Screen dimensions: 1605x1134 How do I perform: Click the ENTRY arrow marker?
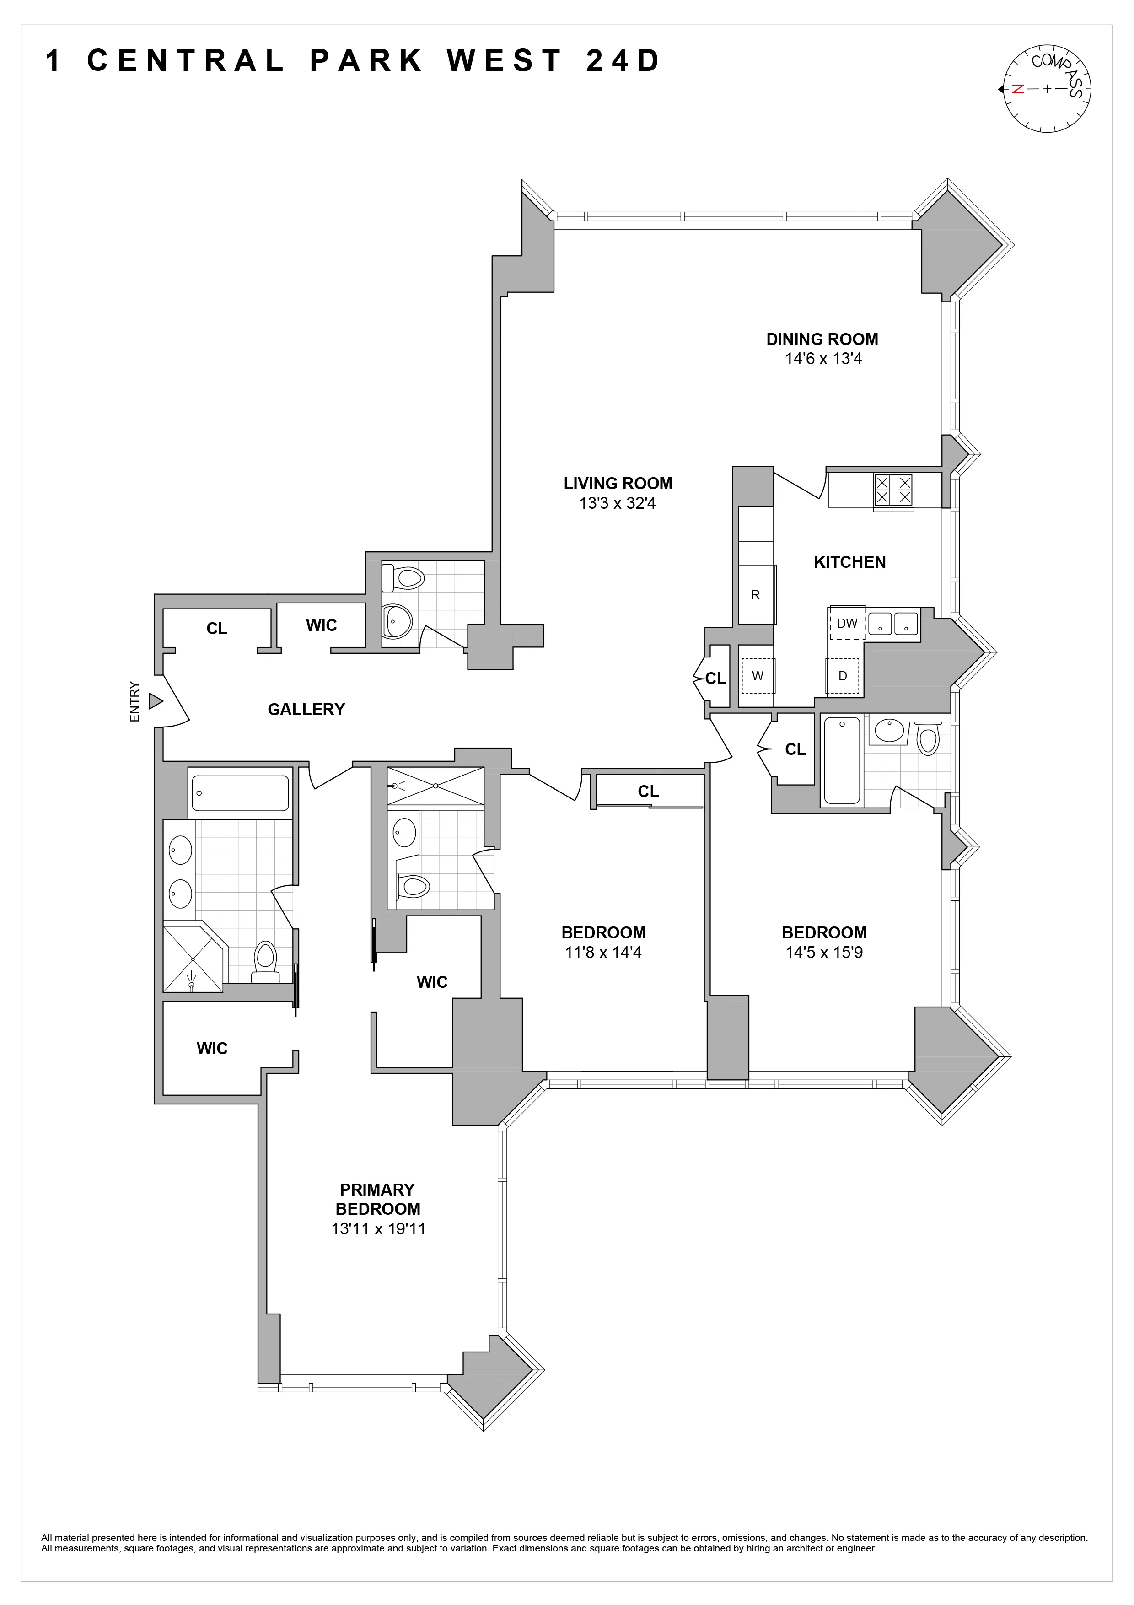click(155, 700)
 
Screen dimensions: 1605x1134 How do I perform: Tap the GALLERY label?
click(306, 710)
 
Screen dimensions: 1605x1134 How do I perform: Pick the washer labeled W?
click(758, 676)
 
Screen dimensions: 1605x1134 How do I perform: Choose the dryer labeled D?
click(843, 676)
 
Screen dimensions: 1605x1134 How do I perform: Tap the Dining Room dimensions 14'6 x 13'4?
click(822, 359)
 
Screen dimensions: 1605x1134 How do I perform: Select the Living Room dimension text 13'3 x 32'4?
click(617, 503)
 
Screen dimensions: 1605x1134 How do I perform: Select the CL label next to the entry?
click(216, 629)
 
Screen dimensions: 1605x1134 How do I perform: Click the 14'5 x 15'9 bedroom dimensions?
click(824, 952)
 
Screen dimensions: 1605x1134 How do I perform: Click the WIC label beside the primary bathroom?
click(212, 1049)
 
